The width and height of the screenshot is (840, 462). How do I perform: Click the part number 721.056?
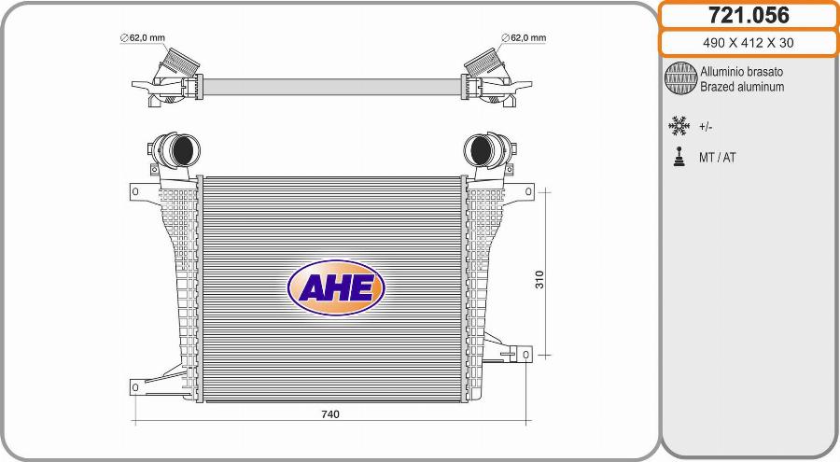pos(749,15)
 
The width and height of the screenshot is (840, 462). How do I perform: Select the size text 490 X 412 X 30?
pos(748,43)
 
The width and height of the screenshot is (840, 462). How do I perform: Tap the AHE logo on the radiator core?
pos(336,287)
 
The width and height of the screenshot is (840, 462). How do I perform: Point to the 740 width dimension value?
pos(330,414)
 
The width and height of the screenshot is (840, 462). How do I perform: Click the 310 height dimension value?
pos(539,279)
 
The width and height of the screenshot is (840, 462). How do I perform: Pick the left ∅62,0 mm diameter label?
pos(143,38)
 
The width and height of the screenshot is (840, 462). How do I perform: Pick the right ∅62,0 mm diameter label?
pos(524,38)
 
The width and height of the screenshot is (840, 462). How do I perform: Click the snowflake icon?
pos(679,126)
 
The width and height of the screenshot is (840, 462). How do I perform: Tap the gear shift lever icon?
pos(679,157)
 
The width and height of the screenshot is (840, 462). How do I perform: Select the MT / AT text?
pos(718,158)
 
